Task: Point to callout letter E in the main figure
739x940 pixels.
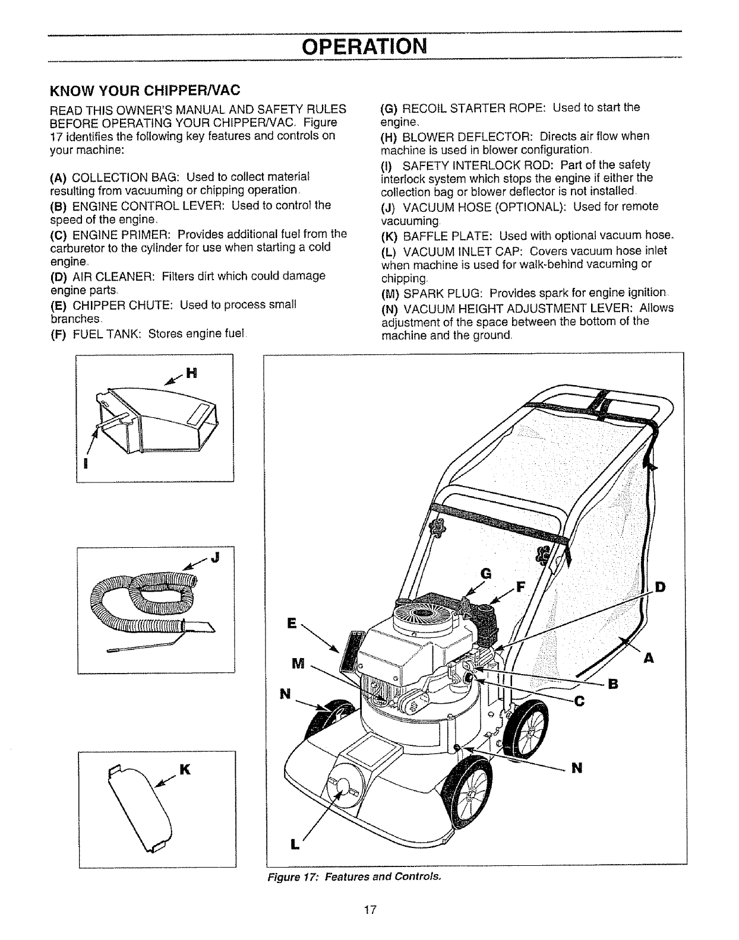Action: tap(291, 623)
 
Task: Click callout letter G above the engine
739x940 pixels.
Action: tap(486, 573)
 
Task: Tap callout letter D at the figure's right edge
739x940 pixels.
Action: tap(659, 587)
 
